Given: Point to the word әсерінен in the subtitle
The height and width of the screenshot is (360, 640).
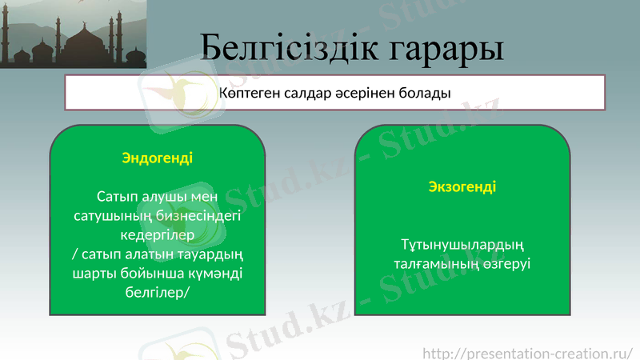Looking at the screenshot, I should coord(370,93).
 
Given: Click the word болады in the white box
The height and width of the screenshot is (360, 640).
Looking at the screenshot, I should coord(427,93).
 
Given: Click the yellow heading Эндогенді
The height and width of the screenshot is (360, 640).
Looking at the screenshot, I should coord(157,158).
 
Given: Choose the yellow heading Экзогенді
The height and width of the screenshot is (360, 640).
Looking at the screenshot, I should coord(462,186).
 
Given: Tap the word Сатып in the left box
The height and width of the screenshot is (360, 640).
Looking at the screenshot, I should coord(117,197).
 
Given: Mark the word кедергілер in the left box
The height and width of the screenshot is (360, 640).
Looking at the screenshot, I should coord(157,235).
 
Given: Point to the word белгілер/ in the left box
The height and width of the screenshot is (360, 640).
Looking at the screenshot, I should coord(157,293).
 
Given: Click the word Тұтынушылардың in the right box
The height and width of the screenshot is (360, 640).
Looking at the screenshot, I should coord(462,244).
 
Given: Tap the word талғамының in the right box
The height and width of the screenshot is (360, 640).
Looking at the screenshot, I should coord(430,263).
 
